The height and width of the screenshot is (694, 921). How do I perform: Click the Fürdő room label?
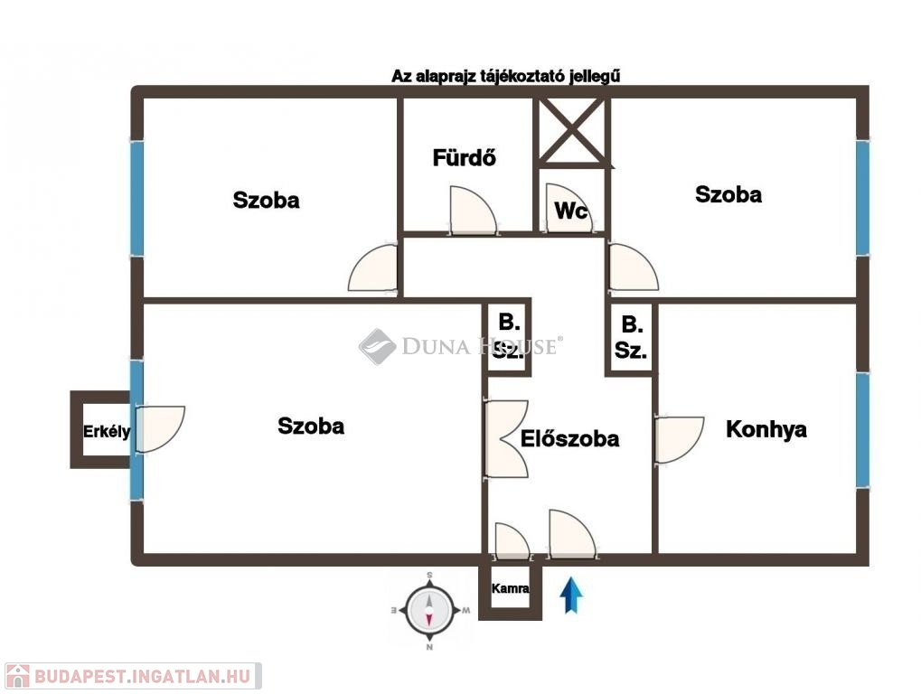[464, 157]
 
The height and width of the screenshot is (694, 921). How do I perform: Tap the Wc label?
[571, 211]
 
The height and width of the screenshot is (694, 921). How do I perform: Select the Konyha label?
[766, 429]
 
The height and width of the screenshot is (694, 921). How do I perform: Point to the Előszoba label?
[569, 438]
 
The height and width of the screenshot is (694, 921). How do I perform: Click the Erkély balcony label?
[107, 432]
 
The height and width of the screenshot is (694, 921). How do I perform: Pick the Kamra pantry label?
[510, 587]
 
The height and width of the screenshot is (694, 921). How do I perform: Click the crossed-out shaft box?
[572, 131]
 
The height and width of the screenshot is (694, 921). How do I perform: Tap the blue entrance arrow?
[571, 596]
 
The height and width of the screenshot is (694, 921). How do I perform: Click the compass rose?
[429, 609]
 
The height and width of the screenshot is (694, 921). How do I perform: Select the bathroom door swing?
[473, 211]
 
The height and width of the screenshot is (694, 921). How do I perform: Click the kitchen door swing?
[679, 440]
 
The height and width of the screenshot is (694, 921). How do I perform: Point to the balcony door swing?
[160, 429]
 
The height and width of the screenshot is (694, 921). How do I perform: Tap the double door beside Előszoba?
[506, 438]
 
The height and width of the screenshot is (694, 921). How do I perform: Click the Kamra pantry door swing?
[512, 539]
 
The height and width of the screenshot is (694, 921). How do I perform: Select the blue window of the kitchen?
[862, 430]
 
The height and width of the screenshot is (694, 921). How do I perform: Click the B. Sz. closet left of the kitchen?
[631, 338]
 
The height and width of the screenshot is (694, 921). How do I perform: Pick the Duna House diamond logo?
[377, 346]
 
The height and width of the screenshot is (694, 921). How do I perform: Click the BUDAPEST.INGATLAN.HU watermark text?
[143, 676]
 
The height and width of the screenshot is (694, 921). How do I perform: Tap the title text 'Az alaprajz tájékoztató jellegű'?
[506, 76]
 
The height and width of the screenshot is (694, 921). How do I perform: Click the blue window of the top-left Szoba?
[136, 199]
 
